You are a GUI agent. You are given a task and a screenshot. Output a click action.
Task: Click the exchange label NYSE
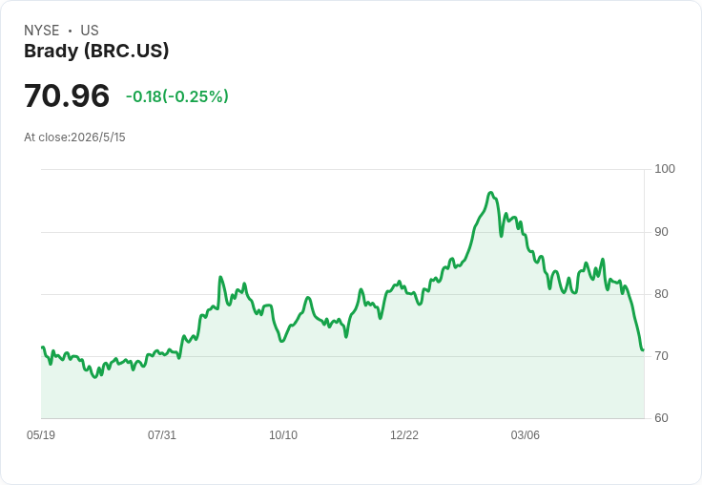[42, 31]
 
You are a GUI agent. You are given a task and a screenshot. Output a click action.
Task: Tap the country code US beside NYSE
[90, 31]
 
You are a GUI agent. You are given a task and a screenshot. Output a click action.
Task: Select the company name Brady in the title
[52, 51]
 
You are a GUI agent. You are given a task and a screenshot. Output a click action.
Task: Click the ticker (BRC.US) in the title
[127, 51]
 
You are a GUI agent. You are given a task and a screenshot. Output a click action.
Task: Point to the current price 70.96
[67, 95]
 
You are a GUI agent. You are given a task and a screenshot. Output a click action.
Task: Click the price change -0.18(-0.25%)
[177, 96]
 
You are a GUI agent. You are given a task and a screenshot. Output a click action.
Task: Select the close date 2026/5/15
[98, 137]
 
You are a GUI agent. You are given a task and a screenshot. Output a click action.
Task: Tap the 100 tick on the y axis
[665, 169]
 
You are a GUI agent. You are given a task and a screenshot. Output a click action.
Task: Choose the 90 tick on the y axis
[661, 232]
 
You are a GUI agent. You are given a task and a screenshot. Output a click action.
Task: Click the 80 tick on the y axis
[661, 294]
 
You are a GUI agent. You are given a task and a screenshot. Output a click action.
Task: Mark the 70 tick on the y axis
[661, 356]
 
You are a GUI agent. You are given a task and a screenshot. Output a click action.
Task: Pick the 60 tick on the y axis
[661, 418]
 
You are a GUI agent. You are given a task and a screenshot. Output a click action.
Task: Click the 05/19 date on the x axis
[41, 434]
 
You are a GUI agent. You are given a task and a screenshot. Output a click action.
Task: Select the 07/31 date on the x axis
[162, 434]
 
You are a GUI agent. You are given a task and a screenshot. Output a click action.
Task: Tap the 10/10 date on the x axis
[283, 434]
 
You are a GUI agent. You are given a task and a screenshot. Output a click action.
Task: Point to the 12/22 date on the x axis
[404, 434]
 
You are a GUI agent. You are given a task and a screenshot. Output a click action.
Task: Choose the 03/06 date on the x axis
[526, 434]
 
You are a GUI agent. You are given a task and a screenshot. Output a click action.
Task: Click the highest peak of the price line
[490, 193]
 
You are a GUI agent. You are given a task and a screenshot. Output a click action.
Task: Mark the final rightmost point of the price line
[643, 349]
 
